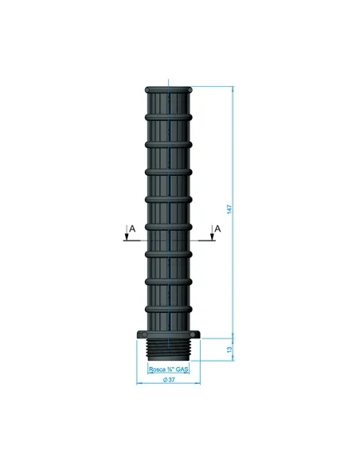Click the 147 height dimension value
[x=229, y=209]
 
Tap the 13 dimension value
[x=229, y=349]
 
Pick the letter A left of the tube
[x=132, y=228]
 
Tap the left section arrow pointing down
[x=125, y=234]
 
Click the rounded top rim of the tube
[x=168, y=88]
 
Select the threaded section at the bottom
[x=168, y=353]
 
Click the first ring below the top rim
[x=168, y=116]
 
